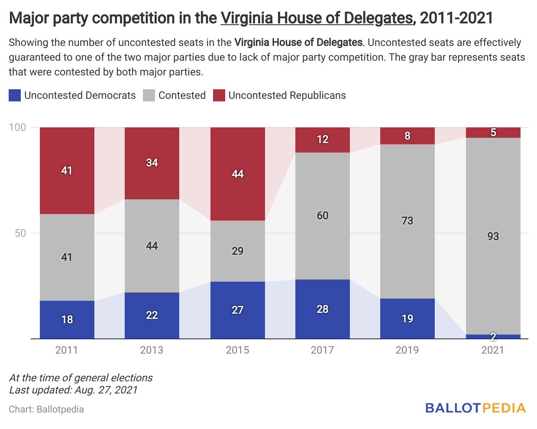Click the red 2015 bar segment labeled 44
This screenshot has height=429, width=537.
pyautogui.click(x=237, y=174)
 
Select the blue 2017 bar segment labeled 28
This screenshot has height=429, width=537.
pyautogui.click(x=322, y=309)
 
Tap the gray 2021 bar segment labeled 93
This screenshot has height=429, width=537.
pyautogui.click(x=493, y=236)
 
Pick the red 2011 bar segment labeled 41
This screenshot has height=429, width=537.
pyautogui.click(x=67, y=170)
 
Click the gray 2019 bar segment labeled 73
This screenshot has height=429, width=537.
pyautogui.click(x=407, y=221)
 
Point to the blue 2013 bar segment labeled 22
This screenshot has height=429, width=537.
pyautogui.click(x=152, y=315)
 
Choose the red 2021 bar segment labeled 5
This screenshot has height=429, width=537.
pyautogui.click(x=493, y=133)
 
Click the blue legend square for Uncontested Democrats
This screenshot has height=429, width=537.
pyautogui.click(x=15, y=95)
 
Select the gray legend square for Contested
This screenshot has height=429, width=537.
pyautogui.click(x=149, y=95)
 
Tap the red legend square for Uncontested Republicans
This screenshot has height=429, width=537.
pyautogui.click(x=219, y=95)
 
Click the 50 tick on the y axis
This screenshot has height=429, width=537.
pyautogui.click(x=20, y=233)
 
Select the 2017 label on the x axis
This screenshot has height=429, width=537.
pyautogui.click(x=322, y=350)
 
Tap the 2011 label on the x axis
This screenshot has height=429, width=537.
pyautogui.click(x=67, y=350)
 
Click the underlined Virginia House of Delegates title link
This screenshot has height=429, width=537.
pyautogui.click(x=317, y=18)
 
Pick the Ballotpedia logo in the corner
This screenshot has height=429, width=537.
pyautogui.click(x=475, y=408)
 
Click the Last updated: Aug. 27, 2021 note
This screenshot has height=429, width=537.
pyautogui.click(x=73, y=390)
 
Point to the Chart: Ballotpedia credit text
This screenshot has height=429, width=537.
pyautogui.click(x=46, y=409)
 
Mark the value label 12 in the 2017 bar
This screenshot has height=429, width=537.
pyautogui.click(x=322, y=140)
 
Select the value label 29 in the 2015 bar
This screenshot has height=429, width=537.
pyautogui.click(x=237, y=251)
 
